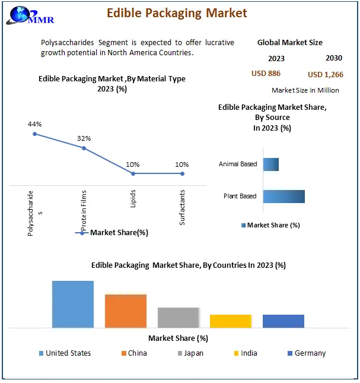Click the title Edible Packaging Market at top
pyautogui.click(x=177, y=12)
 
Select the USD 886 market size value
pyautogui.click(x=266, y=74)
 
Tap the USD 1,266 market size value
pyautogui.click(x=325, y=74)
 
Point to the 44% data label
pyautogui.click(x=34, y=124)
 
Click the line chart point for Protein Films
pyautogui.click(x=84, y=148)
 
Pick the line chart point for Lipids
pyautogui.click(x=133, y=173)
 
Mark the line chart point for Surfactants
pyautogui.click(x=182, y=173)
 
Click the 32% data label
pyautogui.click(x=84, y=138)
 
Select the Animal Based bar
pyautogui.click(x=271, y=164)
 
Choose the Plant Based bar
pyautogui.click(x=283, y=197)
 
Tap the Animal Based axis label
pyautogui.click(x=238, y=164)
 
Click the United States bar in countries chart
pyautogui.click(x=73, y=304)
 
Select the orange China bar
pyautogui.click(x=126, y=311)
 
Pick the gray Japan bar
pyautogui.click(x=178, y=317)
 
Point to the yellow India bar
pyautogui.click(x=231, y=321)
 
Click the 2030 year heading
pyautogui.click(x=334, y=58)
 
